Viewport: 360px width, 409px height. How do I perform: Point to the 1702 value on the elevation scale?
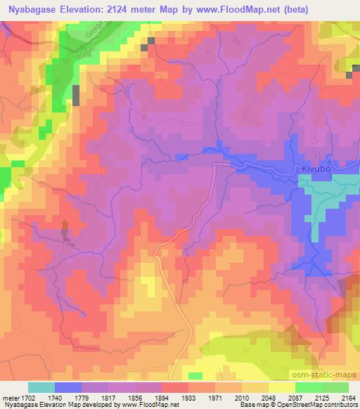click(25, 398)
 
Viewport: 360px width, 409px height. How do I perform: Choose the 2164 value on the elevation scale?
click(349, 398)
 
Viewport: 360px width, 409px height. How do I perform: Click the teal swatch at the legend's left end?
click(41, 387)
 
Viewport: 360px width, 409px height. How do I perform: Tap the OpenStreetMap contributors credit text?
click(318, 405)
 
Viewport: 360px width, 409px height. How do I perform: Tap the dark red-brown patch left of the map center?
click(65, 231)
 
